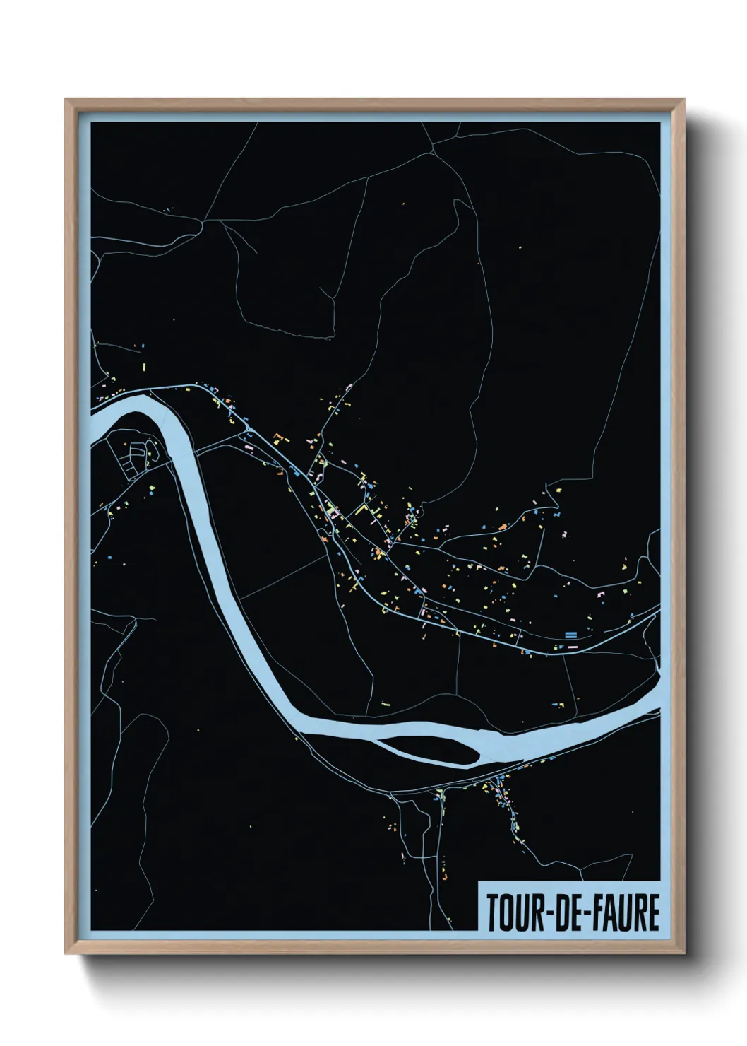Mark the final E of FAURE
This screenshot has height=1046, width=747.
[653, 913]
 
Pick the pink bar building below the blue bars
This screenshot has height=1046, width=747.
[570, 645]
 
